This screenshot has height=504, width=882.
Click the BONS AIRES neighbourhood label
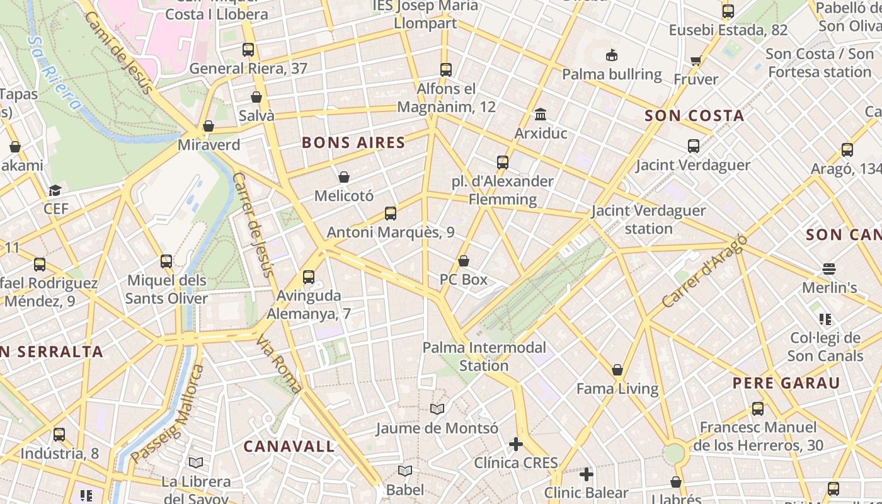click(353, 143)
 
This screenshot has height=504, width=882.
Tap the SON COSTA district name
click(694, 116)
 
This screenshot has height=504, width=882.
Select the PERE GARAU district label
click(786, 383)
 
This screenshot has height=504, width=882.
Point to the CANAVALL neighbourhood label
click(289, 447)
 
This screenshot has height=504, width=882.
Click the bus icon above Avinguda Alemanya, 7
click(309, 277)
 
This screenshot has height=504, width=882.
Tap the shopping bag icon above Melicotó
click(344, 178)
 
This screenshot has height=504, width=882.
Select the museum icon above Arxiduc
click(541, 115)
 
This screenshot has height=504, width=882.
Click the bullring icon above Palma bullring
click(611, 55)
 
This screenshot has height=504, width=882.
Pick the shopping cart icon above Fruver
click(696, 60)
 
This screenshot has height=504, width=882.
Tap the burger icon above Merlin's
click(829, 269)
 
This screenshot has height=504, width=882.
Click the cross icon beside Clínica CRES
click(516, 444)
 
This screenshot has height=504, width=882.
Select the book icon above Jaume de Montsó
click(437, 409)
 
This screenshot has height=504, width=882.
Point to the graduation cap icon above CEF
click(55, 190)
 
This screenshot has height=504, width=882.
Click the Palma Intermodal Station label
click(484, 357)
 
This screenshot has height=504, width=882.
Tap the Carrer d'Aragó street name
click(704, 272)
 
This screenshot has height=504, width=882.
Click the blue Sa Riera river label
click(55, 72)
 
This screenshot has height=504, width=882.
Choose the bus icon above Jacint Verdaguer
click(694, 146)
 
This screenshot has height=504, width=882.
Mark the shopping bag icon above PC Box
click(464, 261)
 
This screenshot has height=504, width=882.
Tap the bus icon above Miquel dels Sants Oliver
click(166, 261)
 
